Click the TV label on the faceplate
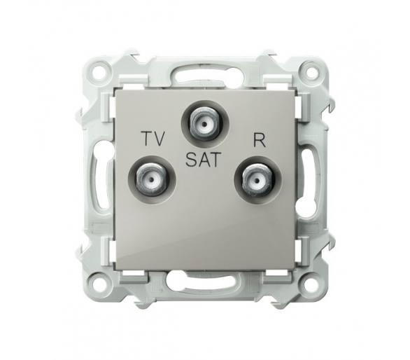153,139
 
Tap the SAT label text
202,160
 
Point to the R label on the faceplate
260,141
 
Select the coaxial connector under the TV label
153,179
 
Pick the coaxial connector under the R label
257,180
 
